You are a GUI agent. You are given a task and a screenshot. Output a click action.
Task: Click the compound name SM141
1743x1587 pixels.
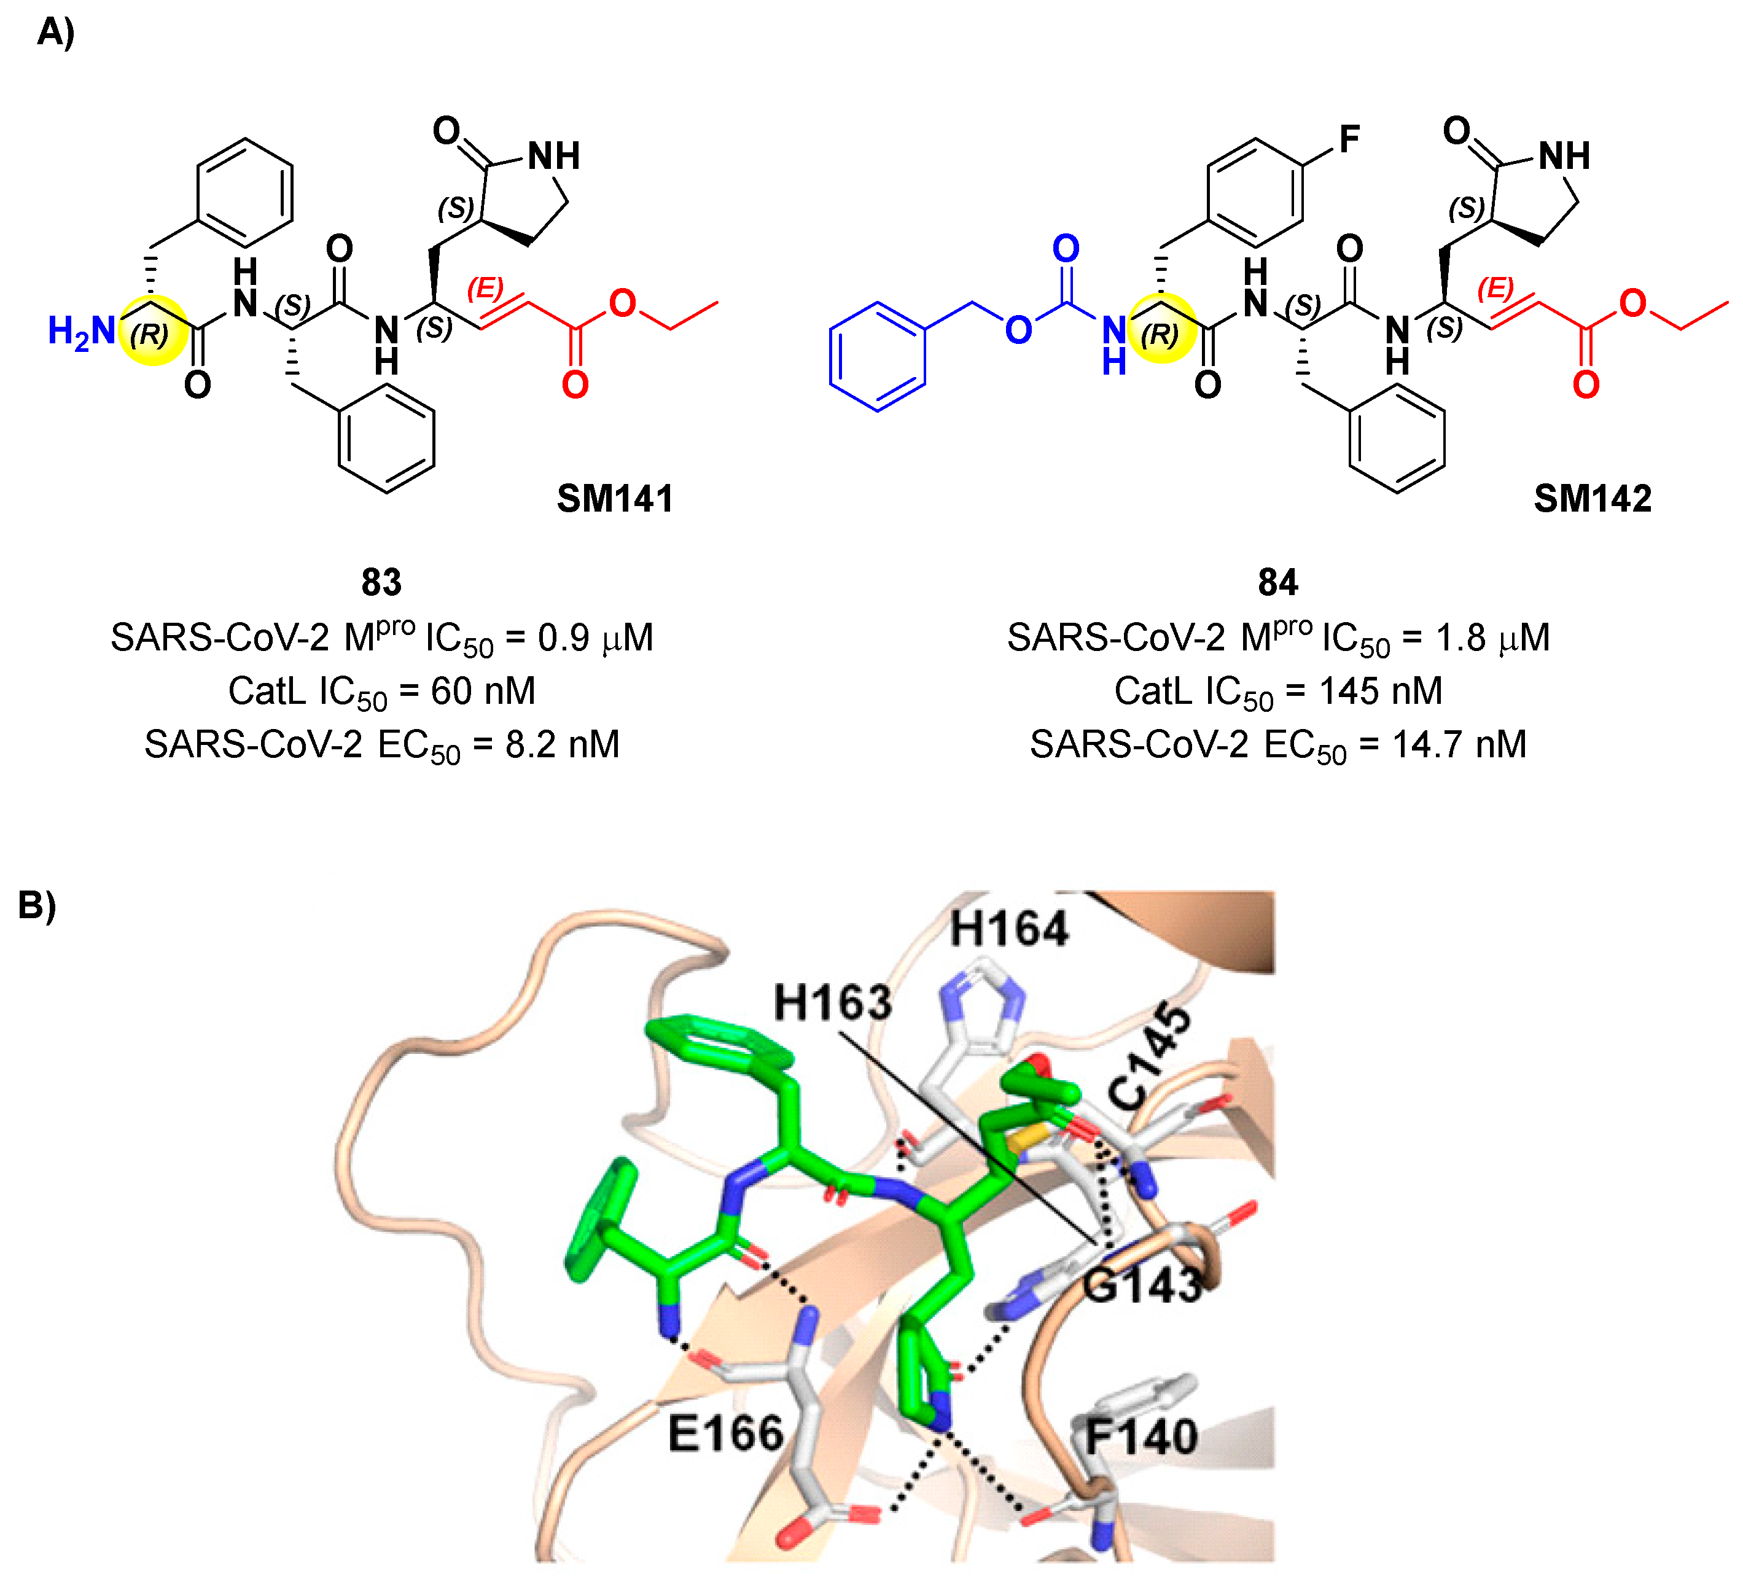(615, 499)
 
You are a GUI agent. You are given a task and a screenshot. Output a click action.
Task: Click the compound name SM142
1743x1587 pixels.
(1592, 499)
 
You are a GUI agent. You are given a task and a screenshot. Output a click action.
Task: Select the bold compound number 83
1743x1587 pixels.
(381, 583)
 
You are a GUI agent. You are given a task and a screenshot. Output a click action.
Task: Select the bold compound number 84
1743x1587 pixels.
(1278, 583)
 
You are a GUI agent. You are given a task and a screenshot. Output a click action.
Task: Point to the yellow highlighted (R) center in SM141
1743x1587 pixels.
(152, 331)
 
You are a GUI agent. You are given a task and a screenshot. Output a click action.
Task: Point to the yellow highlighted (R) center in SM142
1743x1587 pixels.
(1162, 331)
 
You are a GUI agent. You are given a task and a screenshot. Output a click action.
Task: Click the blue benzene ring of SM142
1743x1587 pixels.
(878, 356)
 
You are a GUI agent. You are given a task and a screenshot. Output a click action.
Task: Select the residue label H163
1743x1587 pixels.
(832, 1003)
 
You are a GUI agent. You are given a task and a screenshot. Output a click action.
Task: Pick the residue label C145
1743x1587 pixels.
(1149, 1056)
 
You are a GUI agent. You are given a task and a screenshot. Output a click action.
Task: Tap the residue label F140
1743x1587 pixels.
(1141, 1437)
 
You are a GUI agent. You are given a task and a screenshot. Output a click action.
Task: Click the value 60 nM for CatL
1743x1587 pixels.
(483, 692)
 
